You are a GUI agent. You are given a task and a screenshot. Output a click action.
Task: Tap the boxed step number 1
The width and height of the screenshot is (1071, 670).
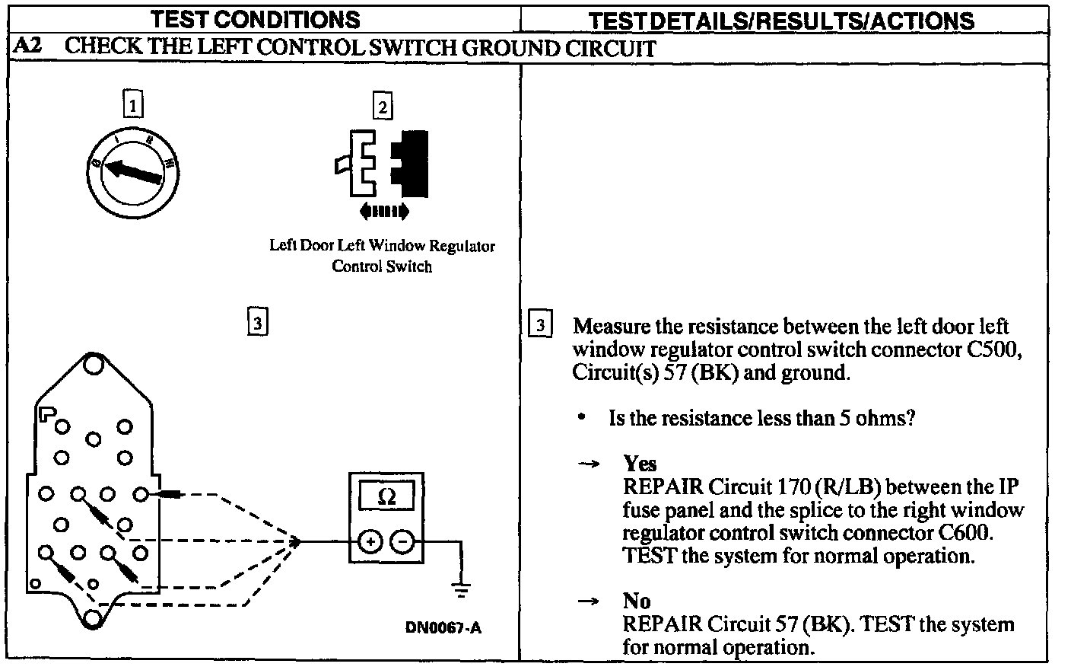(x=133, y=104)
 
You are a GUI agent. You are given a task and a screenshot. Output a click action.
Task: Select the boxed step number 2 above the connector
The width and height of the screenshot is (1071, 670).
(x=382, y=106)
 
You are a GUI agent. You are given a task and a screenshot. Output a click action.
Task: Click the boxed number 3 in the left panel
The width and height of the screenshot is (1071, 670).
(x=257, y=323)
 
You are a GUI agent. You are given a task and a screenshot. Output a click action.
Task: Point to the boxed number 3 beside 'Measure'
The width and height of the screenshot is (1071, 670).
(x=539, y=325)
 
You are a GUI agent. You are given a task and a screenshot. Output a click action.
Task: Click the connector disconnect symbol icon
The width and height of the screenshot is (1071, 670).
(x=383, y=164)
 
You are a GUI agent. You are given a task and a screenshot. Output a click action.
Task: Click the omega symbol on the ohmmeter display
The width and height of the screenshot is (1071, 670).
(x=386, y=497)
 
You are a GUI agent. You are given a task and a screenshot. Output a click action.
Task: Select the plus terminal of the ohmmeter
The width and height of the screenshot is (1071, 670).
(x=370, y=541)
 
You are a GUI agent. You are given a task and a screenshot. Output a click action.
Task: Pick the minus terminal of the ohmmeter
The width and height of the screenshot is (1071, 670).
(x=403, y=541)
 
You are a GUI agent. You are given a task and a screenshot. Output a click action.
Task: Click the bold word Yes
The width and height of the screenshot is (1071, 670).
(x=640, y=463)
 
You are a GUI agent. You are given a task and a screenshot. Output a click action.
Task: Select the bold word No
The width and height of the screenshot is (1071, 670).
(x=637, y=601)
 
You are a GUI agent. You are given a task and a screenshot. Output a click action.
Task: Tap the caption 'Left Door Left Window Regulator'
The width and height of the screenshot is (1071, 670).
(x=382, y=245)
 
